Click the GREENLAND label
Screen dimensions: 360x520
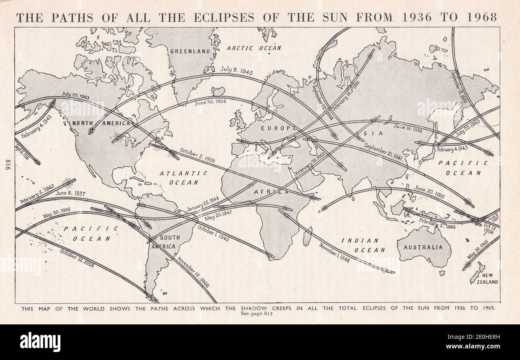click(x=190, y=51)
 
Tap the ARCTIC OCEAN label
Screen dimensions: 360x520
click(x=254, y=48)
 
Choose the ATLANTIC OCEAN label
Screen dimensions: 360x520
click(x=184, y=178)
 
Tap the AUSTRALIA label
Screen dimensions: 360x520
click(x=423, y=247)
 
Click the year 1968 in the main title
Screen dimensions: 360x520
click(x=483, y=17)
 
